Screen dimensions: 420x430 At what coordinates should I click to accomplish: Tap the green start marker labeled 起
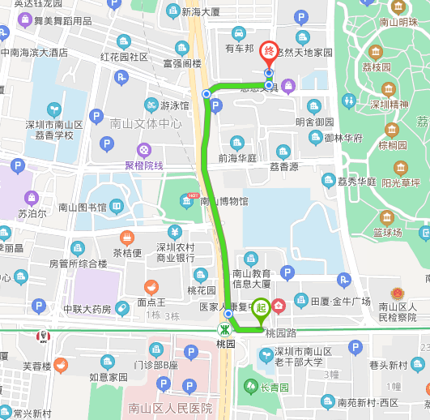point(261,307)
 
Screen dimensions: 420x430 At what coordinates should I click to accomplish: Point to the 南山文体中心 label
point(146,124)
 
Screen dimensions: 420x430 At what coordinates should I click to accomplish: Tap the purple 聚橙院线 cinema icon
point(143,150)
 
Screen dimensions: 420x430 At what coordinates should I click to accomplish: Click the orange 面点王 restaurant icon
point(151,286)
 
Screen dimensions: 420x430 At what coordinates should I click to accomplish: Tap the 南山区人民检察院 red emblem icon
point(396,292)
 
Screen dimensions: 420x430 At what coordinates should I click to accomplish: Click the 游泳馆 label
point(174,105)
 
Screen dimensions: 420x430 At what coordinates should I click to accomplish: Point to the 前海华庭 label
point(237,158)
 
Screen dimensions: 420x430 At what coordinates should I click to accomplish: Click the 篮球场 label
point(388,233)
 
